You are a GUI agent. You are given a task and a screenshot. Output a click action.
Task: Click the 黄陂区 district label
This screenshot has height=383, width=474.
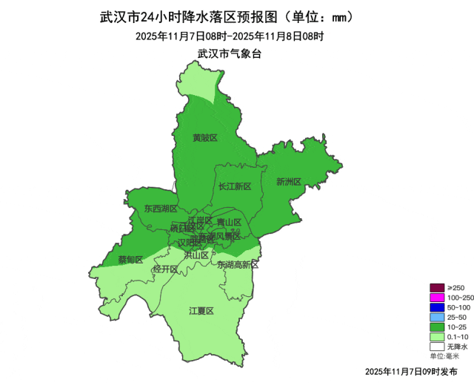coord(204,138)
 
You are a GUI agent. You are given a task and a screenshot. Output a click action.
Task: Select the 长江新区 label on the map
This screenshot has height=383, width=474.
coord(236,186)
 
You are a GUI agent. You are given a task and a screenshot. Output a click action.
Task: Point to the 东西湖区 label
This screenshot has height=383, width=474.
coord(161,209)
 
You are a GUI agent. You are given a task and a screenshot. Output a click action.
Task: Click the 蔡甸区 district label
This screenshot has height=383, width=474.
coord(130,259)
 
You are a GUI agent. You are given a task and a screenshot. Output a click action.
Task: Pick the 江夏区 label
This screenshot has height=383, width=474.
coord(201,310)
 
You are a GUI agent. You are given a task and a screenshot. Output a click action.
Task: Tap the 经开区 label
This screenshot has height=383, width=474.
coord(165,269)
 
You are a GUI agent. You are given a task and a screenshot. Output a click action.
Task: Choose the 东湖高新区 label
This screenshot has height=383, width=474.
coord(238,265)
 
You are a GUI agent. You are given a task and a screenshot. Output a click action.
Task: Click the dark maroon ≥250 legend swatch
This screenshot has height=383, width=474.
coord(436,288)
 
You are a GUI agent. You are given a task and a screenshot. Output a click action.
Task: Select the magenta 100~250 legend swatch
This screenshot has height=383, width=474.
coord(436,298)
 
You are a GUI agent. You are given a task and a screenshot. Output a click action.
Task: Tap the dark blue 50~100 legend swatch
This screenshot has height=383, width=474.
coord(436,307)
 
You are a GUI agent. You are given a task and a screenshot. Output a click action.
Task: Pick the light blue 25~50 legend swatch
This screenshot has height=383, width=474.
coord(436,317)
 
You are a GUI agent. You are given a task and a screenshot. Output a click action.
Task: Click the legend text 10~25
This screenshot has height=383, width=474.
coord(456,327)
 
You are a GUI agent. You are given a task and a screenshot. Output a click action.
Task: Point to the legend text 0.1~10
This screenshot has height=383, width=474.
coord(458,336)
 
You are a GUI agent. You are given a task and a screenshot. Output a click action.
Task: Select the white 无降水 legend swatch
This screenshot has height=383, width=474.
coord(436,346)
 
